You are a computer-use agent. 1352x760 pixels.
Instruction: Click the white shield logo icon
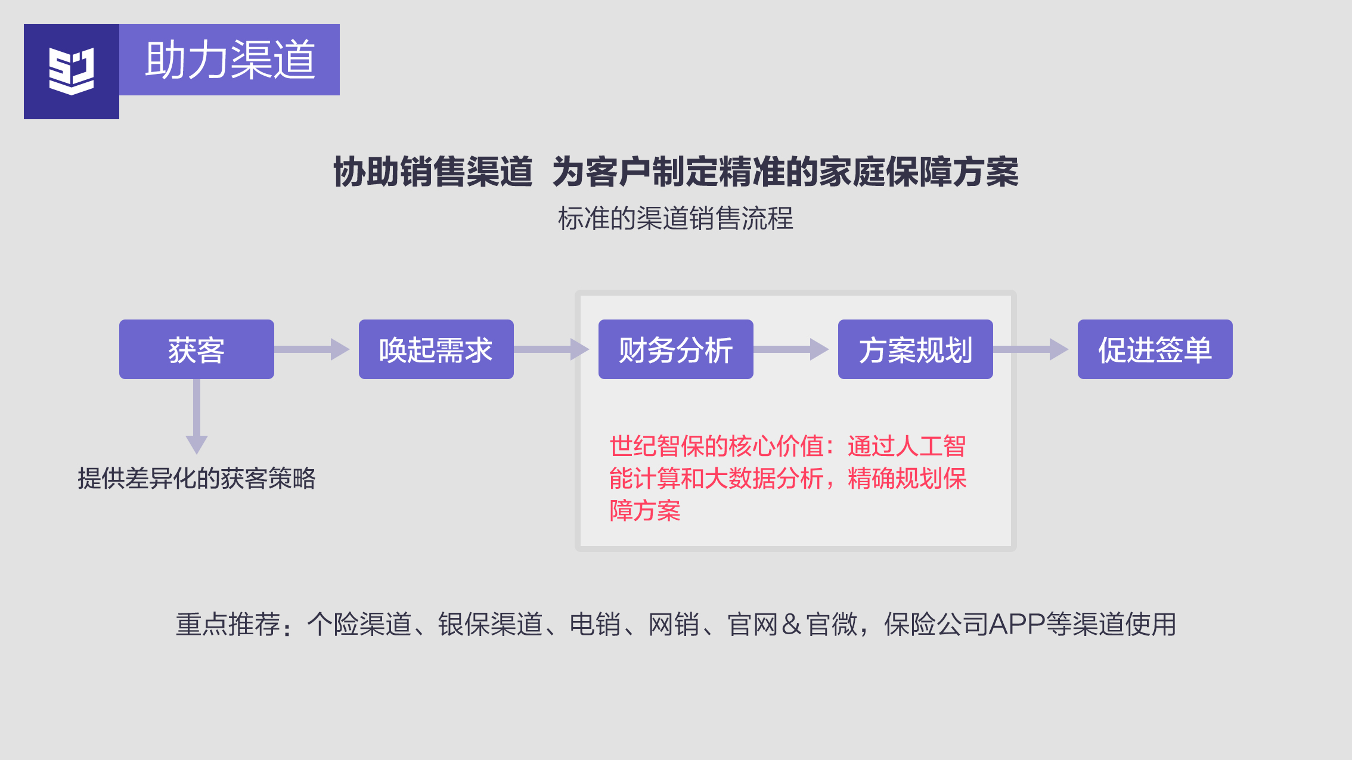[x=72, y=72]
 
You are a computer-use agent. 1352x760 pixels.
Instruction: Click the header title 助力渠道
[x=230, y=60]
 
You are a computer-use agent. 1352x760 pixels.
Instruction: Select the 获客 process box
[x=197, y=349]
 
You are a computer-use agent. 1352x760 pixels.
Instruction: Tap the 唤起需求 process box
[x=436, y=349]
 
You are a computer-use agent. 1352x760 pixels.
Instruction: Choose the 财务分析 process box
[x=675, y=349]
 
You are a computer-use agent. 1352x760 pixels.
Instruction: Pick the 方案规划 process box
[x=915, y=349]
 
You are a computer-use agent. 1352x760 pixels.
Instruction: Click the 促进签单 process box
[x=1155, y=349]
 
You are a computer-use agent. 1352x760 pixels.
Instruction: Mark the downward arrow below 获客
[x=197, y=417]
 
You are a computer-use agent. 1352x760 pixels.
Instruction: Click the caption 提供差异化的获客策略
[x=197, y=478]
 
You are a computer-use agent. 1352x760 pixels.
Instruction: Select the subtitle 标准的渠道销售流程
[x=675, y=218]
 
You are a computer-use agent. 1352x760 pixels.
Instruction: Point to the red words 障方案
[x=644, y=511]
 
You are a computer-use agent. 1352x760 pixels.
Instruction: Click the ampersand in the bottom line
[x=791, y=624]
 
